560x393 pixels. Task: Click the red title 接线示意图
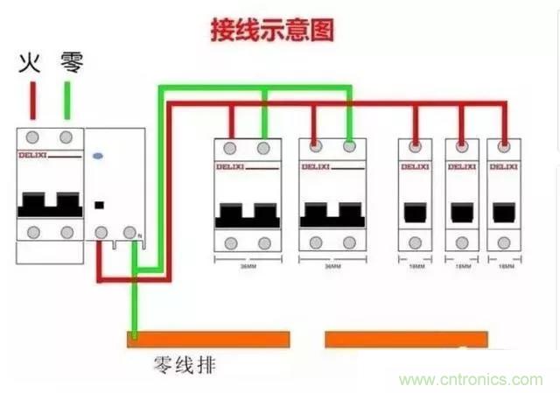pos(272,31)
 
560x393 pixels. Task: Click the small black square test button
pos(100,206)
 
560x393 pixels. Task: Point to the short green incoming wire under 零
pos(66,100)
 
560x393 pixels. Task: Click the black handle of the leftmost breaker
pos(50,202)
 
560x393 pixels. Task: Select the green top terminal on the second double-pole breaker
pos(349,147)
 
